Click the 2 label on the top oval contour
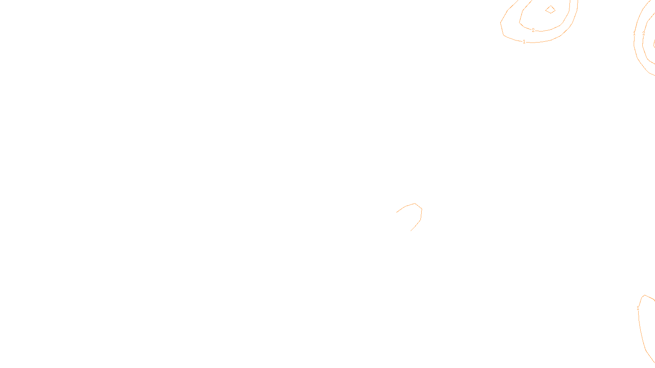coord(533,30)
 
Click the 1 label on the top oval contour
coord(524,42)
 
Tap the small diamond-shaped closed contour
coord(550,9)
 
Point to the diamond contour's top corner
coord(551,5)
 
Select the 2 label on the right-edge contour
coord(644,34)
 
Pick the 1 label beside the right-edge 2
coord(635,34)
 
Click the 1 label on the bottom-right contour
coord(638,309)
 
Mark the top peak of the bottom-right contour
coord(645,295)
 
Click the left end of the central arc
coord(396,212)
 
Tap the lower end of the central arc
coord(411,231)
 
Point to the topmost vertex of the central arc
coord(415,204)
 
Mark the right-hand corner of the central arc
coord(422,209)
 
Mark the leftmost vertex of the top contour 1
coord(501,22)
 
